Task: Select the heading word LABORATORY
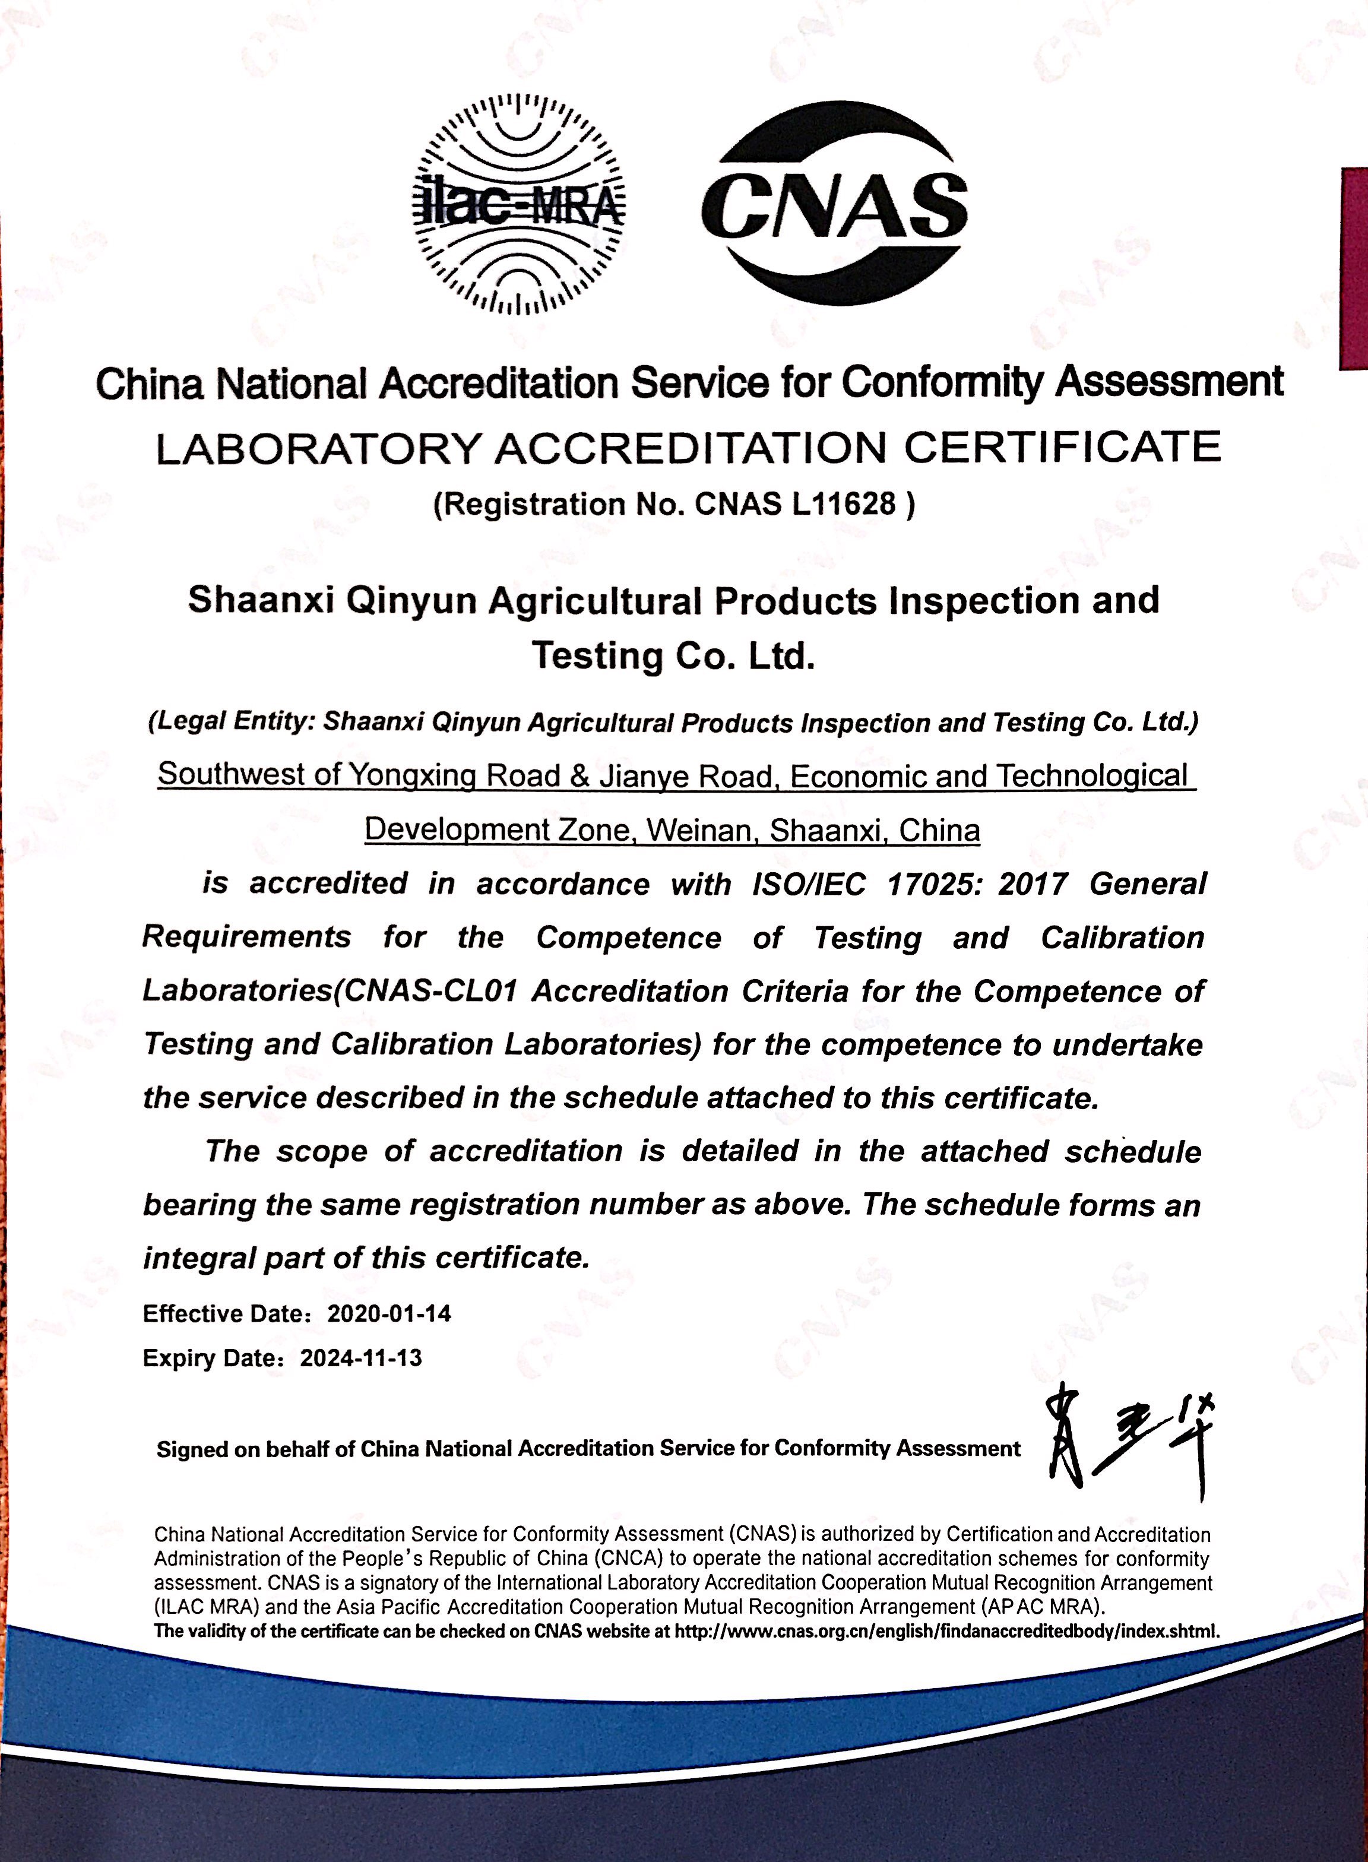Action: pyautogui.click(x=319, y=449)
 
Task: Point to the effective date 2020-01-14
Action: pyautogui.click(x=389, y=1314)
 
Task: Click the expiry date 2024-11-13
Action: pyautogui.click(x=361, y=1358)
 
